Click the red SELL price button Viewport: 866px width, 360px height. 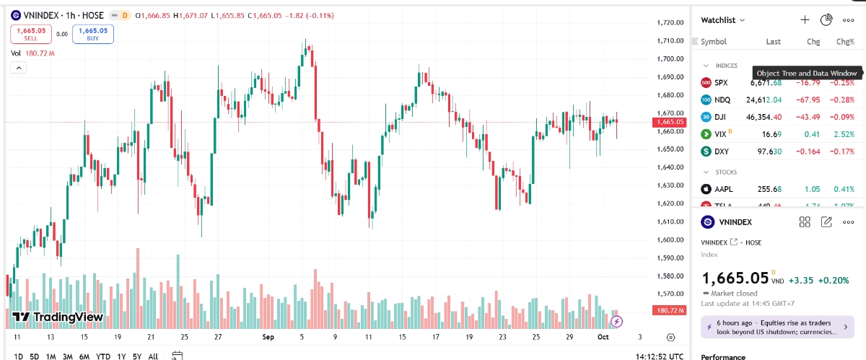[x=30, y=33]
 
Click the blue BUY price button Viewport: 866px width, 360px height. [x=93, y=33]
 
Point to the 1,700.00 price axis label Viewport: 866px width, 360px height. [x=670, y=59]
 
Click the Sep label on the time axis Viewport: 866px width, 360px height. [x=268, y=337]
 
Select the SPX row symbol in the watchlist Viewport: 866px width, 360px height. [x=721, y=83]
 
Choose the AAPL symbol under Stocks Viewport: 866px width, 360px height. [x=723, y=189]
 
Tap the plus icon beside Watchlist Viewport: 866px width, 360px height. [x=805, y=20]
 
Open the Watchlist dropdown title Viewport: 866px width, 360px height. [x=723, y=20]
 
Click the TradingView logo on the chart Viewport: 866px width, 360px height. [x=58, y=317]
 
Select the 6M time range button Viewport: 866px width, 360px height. [x=84, y=356]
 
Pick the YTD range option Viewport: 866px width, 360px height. [x=103, y=356]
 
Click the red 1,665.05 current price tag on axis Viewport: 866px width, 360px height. [x=670, y=122]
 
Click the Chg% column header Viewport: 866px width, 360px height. [x=844, y=42]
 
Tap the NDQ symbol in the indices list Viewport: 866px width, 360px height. [x=722, y=100]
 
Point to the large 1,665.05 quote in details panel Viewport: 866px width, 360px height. [x=735, y=277]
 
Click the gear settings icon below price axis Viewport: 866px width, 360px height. [x=670, y=337]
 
